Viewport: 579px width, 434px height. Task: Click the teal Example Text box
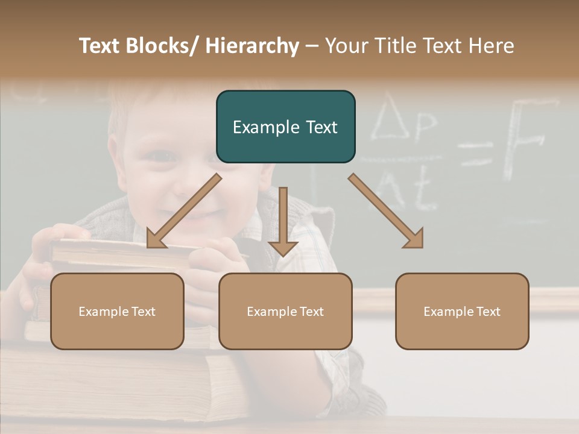[x=285, y=127]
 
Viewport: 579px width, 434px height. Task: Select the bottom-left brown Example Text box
[x=117, y=311]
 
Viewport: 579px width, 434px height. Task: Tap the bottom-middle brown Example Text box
[x=285, y=311]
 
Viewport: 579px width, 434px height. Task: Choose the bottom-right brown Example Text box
[x=462, y=311]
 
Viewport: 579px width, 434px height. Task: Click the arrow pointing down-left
[x=183, y=211]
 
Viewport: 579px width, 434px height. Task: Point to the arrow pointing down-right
[x=386, y=211]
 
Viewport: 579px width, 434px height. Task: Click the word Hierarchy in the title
[x=252, y=46]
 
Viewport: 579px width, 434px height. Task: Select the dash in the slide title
[x=312, y=46]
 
